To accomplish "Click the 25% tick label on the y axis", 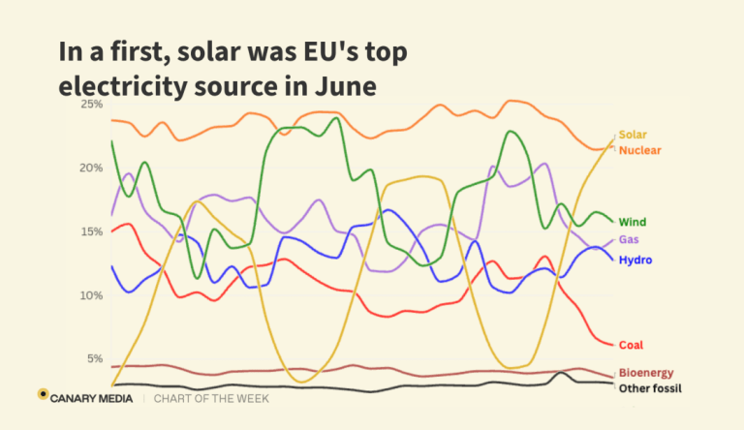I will (x=92, y=104).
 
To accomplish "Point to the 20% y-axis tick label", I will (x=92, y=168).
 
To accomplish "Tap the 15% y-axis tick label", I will (x=92, y=231).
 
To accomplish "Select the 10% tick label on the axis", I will (x=92, y=295).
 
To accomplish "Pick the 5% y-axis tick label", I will (x=95, y=359).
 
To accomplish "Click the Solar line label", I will (x=633, y=135).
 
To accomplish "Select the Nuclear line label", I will (x=639, y=150).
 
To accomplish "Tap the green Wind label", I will (x=634, y=223).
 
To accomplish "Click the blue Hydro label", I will (x=635, y=261).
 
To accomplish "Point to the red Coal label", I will (x=632, y=345).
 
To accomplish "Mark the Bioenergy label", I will (x=646, y=373).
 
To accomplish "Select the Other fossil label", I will (x=651, y=389).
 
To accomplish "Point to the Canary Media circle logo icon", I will (x=43, y=394).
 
